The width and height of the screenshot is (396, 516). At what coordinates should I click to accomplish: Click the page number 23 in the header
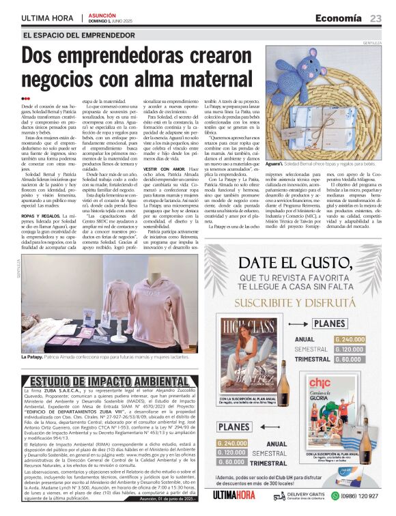tap(376, 18)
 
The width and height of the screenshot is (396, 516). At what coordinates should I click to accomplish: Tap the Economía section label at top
tap(340, 18)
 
